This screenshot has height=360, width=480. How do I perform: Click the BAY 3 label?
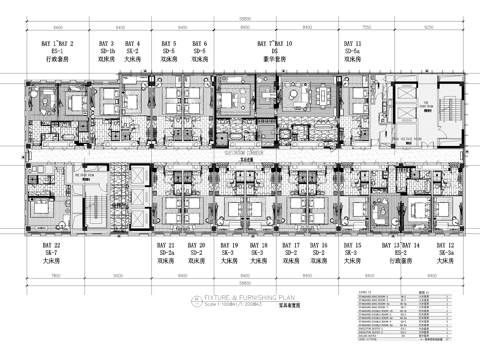coord(107,44)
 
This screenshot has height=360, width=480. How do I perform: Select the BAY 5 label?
coord(168,44)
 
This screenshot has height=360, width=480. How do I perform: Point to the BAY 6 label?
coord(199,44)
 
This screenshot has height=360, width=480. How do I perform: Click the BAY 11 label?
coord(353,44)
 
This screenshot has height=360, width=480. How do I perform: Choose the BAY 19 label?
coord(229,245)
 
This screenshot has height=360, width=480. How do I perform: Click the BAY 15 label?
coord(352,245)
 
